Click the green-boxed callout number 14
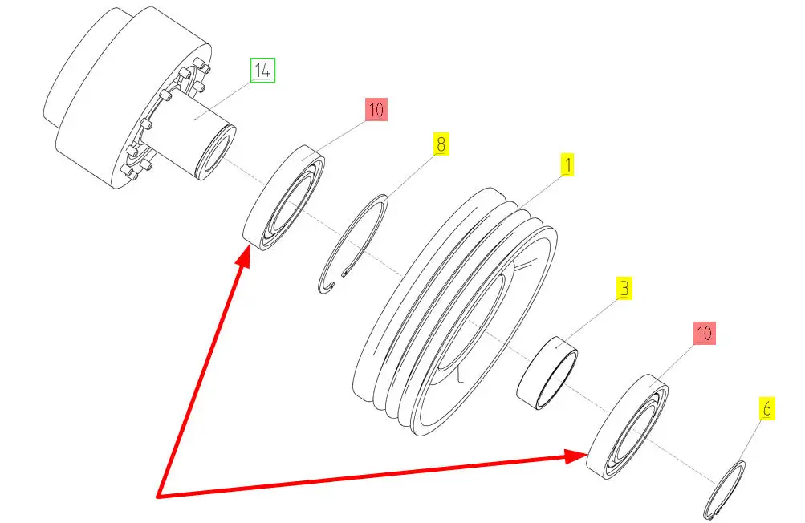[x=263, y=71]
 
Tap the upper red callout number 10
[x=376, y=110]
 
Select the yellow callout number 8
[x=441, y=144]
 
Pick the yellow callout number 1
[x=567, y=165]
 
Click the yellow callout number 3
[x=624, y=289]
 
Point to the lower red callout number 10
[x=705, y=333]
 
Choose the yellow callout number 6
[x=767, y=409]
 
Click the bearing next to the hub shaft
[x=284, y=198]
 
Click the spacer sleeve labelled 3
[x=547, y=373]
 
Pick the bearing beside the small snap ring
[x=628, y=427]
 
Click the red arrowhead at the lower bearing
[x=575, y=456]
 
